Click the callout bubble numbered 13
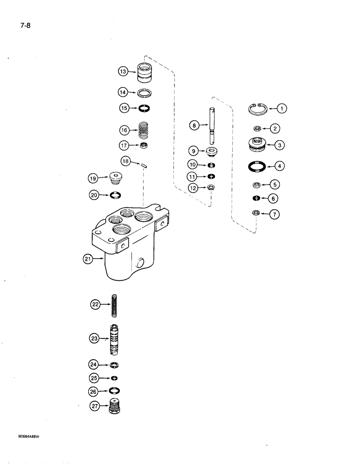pyautogui.click(x=123, y=72)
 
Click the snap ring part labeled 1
pyautogui.click(x=256, y=109)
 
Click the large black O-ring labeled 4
pyautogui.click(x=257, y=165)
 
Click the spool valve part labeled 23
pyautogui.click(x=114, y=340)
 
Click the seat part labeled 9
pyautogui.click(x=213, y=151)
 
